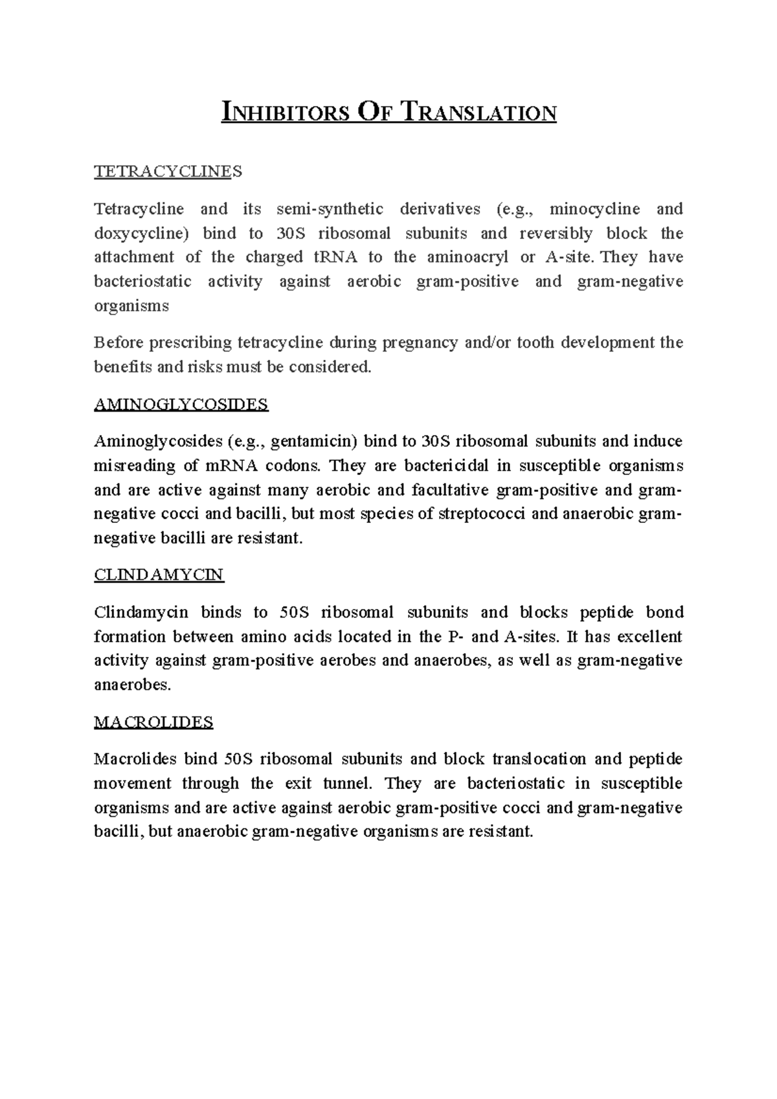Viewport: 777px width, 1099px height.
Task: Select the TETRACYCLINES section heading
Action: [168, 172]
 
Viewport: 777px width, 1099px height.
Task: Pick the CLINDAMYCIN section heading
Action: [159, 575]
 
